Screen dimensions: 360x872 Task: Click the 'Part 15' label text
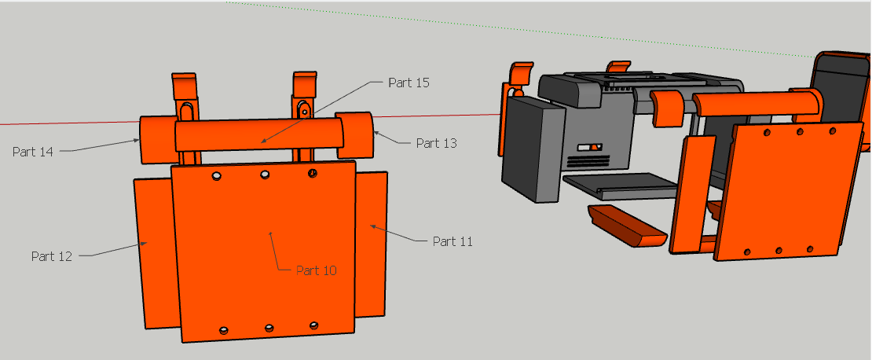point(409,83)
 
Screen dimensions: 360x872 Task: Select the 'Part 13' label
point(436,143)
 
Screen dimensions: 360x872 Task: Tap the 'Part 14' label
point(33,152)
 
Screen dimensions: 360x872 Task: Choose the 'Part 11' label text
point(452,241)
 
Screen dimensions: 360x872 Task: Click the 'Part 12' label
point(52,256)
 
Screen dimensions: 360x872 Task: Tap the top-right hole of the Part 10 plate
point(313,173)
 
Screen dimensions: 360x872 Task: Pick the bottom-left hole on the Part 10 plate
point(224,329)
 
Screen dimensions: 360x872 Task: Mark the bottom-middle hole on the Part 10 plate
point(269,327)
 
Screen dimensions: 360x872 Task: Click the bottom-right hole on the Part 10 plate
point(313,325)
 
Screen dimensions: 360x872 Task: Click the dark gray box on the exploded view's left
point(532,149)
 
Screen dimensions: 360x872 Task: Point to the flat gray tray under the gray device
point(621,187)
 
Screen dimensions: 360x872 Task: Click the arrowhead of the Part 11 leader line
point(372,226)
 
